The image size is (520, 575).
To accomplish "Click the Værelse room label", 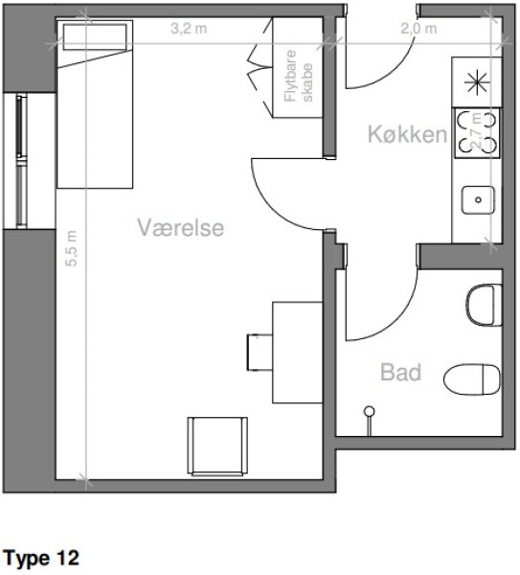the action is tap(181, 227).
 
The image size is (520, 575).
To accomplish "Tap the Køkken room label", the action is tap(407, 134).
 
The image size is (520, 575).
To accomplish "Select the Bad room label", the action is tap(401, 372).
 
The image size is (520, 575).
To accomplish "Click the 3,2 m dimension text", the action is tap(189, 28).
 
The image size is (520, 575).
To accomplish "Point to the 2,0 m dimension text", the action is tap(418, 28).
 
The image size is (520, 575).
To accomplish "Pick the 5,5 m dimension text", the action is tap(72, 248).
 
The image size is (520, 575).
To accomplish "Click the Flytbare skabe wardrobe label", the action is tap(299, 76).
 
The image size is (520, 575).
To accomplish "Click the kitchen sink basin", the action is tap(478, 200).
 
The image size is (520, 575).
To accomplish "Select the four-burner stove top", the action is tap(477, 133).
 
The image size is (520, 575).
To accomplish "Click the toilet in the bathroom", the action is tap(472, 379).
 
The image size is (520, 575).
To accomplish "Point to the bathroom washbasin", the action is tap(484, 305).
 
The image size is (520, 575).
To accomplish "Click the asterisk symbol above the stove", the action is tap(477, 82).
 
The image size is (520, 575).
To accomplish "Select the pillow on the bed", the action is tap(95, 36).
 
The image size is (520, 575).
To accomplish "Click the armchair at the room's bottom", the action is tap(217, 447).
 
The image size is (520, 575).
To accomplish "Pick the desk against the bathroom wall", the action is tap(297, 353).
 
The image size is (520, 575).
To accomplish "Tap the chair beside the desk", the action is tap(260, 352).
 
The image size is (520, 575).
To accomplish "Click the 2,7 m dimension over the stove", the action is tap(476, 130).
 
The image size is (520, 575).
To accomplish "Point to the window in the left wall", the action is tap(21, 161).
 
